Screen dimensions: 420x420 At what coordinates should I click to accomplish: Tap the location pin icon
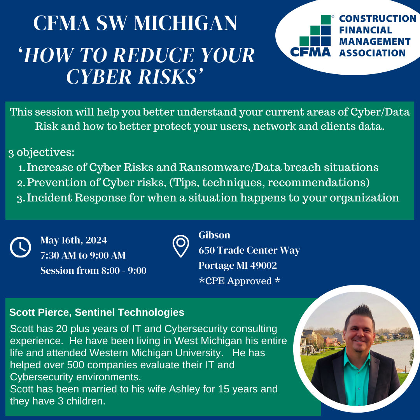pos(181,246)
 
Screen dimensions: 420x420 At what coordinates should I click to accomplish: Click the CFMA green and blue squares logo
pos(315,31)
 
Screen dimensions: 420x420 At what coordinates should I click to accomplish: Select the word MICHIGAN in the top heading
pos(185,23)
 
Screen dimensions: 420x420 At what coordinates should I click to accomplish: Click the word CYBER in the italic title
pos(98,77)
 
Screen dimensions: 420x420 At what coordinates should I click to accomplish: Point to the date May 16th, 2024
pos(73,240)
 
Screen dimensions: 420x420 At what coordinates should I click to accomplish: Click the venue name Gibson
pos(214,235)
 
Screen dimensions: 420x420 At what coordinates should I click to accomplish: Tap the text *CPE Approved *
pos(240,281)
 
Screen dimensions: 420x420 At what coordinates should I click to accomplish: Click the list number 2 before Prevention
pos(21,183)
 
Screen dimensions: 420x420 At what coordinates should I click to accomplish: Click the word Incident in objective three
pos(49,198)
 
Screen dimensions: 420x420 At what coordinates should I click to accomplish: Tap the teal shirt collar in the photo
pos(357,359)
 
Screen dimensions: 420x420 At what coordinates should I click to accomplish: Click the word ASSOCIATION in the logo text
pos(372,53)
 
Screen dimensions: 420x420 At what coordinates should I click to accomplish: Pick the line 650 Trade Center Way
pos(249,250)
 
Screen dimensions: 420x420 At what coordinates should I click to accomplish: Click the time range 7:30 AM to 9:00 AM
pos(83,255)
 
